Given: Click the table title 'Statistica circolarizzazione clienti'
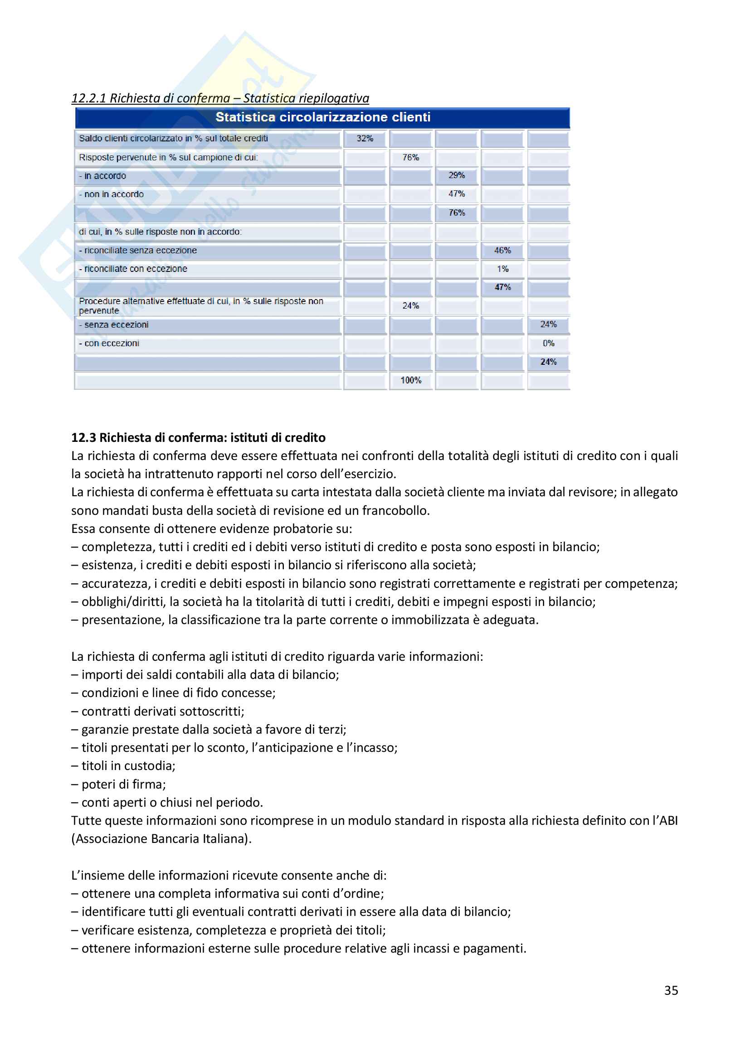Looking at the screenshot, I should (x=322, y=117).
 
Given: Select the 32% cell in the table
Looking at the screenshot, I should (x=365, y=139).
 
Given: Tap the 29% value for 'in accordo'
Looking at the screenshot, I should (x=456, y=175).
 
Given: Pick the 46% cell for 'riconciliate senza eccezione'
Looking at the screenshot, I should (x=502, y=250).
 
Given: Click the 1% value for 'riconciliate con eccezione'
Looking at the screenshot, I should (x=502, y=269).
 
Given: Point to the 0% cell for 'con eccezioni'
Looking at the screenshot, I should (x=548, y=343).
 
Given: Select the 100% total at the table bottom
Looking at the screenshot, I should (x=410, y=380).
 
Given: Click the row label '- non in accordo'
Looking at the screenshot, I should (x=111, y=194).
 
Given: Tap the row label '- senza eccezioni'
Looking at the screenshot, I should (x=114, y=324).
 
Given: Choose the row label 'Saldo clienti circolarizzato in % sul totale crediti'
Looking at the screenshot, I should (x=173, y=139).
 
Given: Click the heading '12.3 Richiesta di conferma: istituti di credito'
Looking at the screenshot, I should (x=198, y=437).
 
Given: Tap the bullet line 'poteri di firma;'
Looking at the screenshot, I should (x=123, y=784).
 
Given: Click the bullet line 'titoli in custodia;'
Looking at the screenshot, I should (x=128, y=766).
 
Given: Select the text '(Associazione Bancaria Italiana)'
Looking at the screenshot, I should (x=161, y=838).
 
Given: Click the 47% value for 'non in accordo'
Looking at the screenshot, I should (x=456, y=194).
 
